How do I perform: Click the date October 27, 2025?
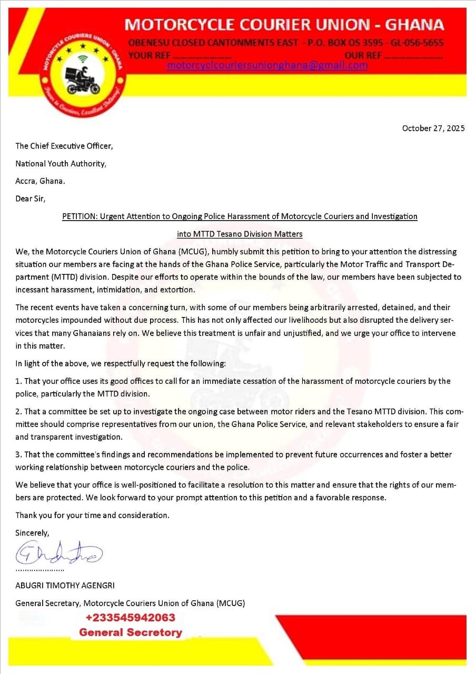pos(433,128)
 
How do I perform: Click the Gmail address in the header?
pos(267,66)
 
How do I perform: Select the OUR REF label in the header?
pos(363,55)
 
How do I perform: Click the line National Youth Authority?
pos(61,164)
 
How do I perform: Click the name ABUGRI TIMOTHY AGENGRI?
pos(65,586)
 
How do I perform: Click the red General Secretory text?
pos(130,632)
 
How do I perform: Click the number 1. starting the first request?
pos(18,381)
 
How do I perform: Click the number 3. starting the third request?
pos(18,454)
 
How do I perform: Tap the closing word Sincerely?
pos(32,533)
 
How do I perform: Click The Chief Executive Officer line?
pos(64,146)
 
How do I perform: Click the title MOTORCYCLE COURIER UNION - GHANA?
pos(284,25)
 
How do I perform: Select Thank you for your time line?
pos(92,516)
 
